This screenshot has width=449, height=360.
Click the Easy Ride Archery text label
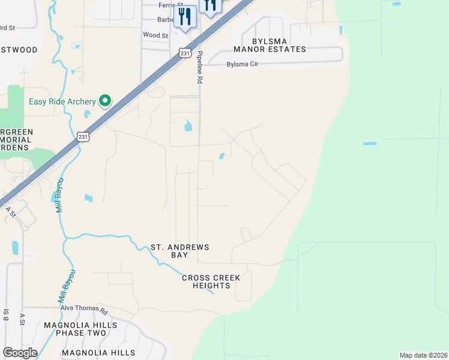[x=62, y=101]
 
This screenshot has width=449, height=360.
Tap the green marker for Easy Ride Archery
[x=106, y=100]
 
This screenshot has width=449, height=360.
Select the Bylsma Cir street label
[x=242, y=64]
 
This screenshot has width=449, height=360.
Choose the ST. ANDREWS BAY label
[x=179, y=251]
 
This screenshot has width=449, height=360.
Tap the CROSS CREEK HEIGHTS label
[x=211, y=281]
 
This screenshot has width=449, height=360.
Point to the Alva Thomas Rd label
[x=83, y=309]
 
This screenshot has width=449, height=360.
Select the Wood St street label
[x=155, y=35]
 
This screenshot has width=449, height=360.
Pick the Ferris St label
[x=157, y=5]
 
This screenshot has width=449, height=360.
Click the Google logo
[x=20, y=353]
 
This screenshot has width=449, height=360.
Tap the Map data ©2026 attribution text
[x=423, y=355]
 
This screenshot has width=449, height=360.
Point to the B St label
[x=5, y=314]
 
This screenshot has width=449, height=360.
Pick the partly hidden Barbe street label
[x=166, y=19]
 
